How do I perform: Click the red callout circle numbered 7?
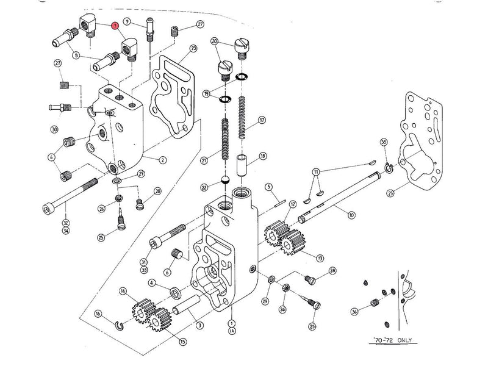[114, 26]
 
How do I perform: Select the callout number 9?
[127, 22]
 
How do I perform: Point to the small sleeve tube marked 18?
[242, 164]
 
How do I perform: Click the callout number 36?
[356, 312]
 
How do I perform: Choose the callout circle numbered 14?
[123, 291]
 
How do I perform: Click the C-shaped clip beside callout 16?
[119, 323]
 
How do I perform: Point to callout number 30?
[54, 129]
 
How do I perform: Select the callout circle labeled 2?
[163, 160]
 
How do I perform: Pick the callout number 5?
[267, 187]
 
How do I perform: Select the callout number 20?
[214, 41]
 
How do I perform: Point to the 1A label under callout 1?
[232, 331]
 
